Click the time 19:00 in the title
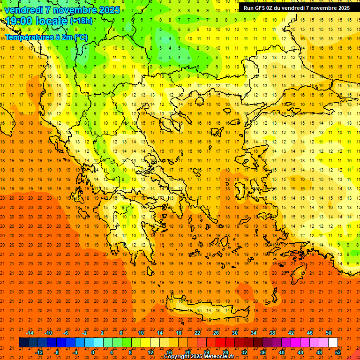pyautogui.click(x=18, y=21)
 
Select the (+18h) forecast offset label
pyautogui.click(x=81, y=21)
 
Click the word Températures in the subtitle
pyautogui.click(x=29, y=37)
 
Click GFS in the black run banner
pyautogui.click(x=261, y=8)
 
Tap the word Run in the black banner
pyautogui.click(x=249, y=8)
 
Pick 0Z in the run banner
pyautogui.click(x=272, y=8)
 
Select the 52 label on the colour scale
pyautogui.click(x=338, y=352)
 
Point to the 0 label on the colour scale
pyautogui.click(x=93, y=352)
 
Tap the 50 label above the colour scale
pyautogui.click(x=329, y=333)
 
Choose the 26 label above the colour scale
pyautogui.click(x=216, y=333)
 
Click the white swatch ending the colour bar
pyautogui.click(x=333, y=343)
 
